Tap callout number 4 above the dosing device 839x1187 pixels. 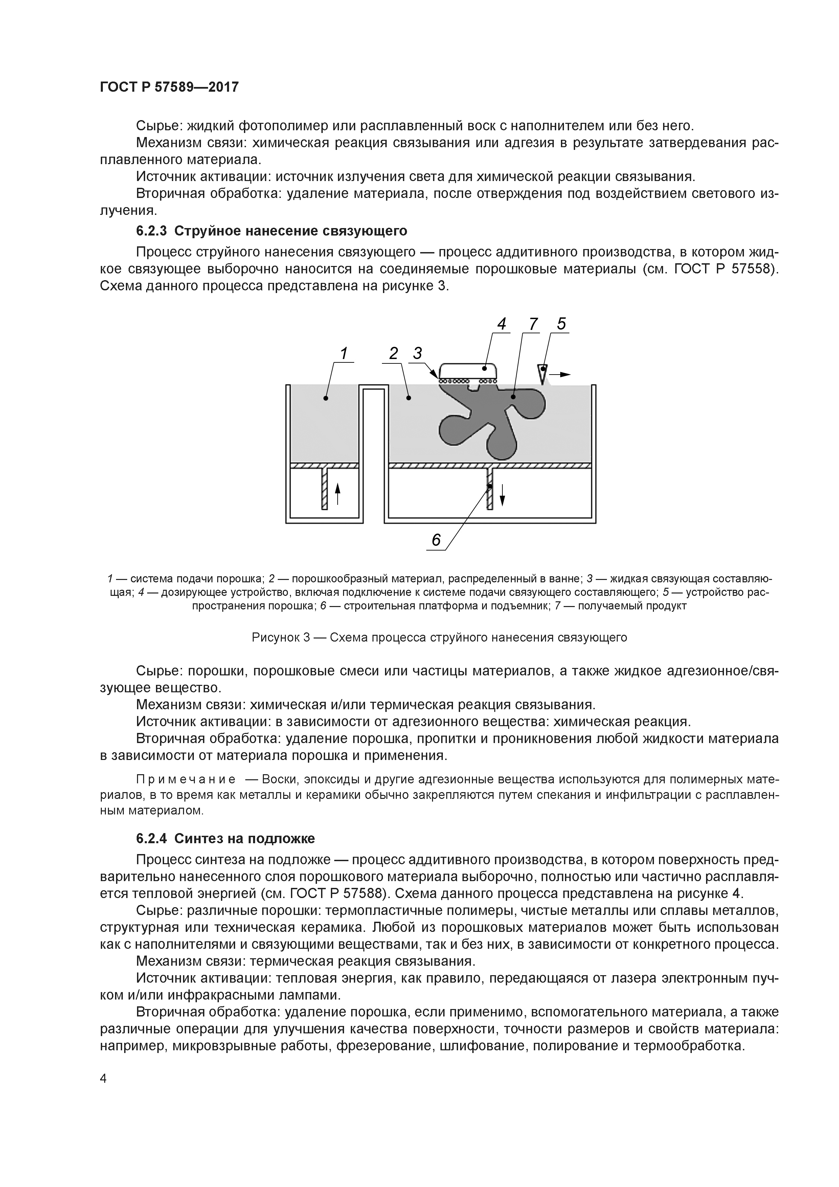pyautogui.click(x=501, y=323)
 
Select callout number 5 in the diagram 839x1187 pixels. pyautogui.click(x=561, y=323)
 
